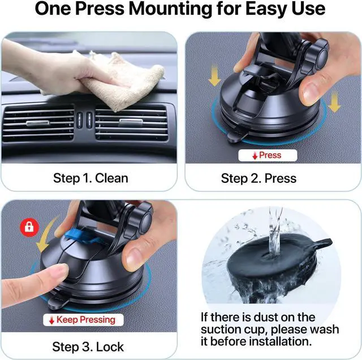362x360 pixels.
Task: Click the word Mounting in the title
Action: pos(170,9)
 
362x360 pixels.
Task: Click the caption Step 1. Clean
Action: pos(90,178)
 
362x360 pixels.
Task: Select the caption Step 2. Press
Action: pos(258,178)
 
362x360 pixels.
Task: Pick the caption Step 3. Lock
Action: pos(88,347)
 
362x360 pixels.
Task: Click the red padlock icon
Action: pos(29,227)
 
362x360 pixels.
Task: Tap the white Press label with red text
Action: pos(268,155)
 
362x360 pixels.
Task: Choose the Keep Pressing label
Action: pos(83,320)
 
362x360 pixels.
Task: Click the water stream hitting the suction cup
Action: pos(275,231)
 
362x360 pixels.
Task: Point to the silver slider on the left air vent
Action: pos(38,123)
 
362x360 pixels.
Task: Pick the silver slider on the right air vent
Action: pos(131,122)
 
